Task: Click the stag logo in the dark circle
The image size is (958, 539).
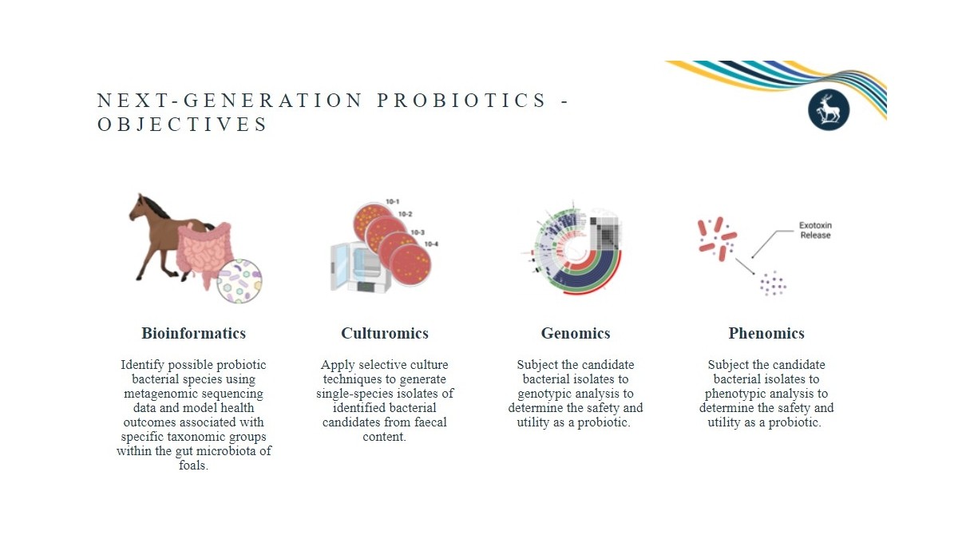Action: (x=829, y=109)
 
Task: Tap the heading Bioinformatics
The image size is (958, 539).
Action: (x=193, y=334)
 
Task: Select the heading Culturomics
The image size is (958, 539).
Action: (x=385, y=334)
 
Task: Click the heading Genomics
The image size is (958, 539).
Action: (x=576, y=334)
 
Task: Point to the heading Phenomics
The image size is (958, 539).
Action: (x=766, y=334)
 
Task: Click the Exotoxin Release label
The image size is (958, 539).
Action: (x=815, y=231)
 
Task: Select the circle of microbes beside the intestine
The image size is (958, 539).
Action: (x=239, y=281)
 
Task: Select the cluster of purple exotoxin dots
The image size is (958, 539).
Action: (x=771, y=283)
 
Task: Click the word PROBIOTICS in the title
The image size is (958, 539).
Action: (x=461, y=101)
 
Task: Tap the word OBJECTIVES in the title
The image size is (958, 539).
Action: (x=183, y=125)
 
